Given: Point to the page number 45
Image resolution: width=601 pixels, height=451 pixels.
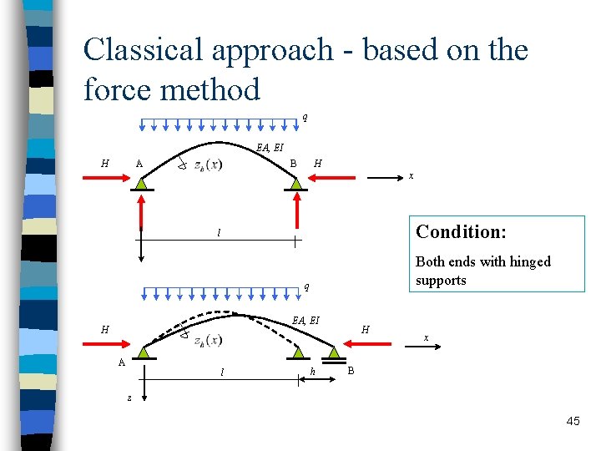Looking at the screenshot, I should (573, 422).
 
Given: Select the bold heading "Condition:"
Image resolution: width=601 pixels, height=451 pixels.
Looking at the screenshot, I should (461, 231).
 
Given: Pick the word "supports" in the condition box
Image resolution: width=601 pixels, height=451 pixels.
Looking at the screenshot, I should (441, 280).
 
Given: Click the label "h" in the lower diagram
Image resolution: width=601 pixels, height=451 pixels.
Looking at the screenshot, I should (312, 372).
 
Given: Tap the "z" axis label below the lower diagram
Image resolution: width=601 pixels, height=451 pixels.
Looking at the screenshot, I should (129, 398).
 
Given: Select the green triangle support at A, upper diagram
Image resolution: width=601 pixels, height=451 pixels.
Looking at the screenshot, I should (143, 183).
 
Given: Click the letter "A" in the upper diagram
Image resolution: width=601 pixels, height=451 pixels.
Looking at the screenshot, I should (139, 163).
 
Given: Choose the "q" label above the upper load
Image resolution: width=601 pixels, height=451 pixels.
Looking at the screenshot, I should (305, 117).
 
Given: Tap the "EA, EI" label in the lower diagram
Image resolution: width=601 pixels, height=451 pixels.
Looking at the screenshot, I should (306, 319).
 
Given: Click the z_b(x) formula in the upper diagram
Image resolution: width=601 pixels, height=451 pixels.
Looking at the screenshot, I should (207, 164).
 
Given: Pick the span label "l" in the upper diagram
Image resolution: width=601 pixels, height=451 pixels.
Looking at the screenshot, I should (219, 233).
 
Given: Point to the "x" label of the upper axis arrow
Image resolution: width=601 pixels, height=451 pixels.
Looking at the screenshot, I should (410, 176).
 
